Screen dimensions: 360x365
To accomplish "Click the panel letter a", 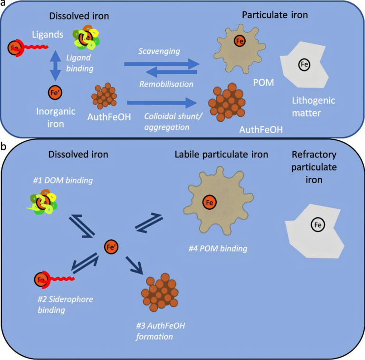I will [3, 4].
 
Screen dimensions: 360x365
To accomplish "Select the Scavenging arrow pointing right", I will [162, 63].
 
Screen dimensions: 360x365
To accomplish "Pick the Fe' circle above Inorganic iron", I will [56, 92].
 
